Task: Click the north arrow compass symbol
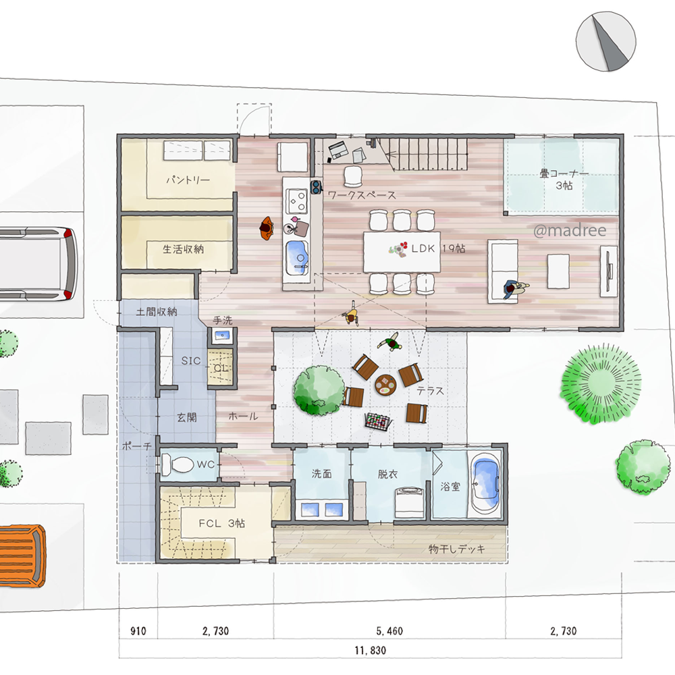coord(605,41)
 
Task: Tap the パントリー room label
coord(188,180)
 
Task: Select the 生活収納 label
coord(183,249)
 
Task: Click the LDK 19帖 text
coord(438,248)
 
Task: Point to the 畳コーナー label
coord(564,174)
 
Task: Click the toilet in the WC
coord(178,465)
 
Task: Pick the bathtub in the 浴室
coord(485,483)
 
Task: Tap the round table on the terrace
coord(385,385)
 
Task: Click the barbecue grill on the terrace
coord(378,421)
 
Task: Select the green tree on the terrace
coord(319,390)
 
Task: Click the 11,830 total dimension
coord(370,650)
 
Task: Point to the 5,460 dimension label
coord(389,631)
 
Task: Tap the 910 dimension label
coord(138,631)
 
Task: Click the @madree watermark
coord(570,231)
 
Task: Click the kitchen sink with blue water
coord(297,256)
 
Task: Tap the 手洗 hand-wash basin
coord(222,335)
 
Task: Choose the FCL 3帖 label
coord(221,523)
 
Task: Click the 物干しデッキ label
coord(457,549)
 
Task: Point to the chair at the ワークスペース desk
coord(353,176)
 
